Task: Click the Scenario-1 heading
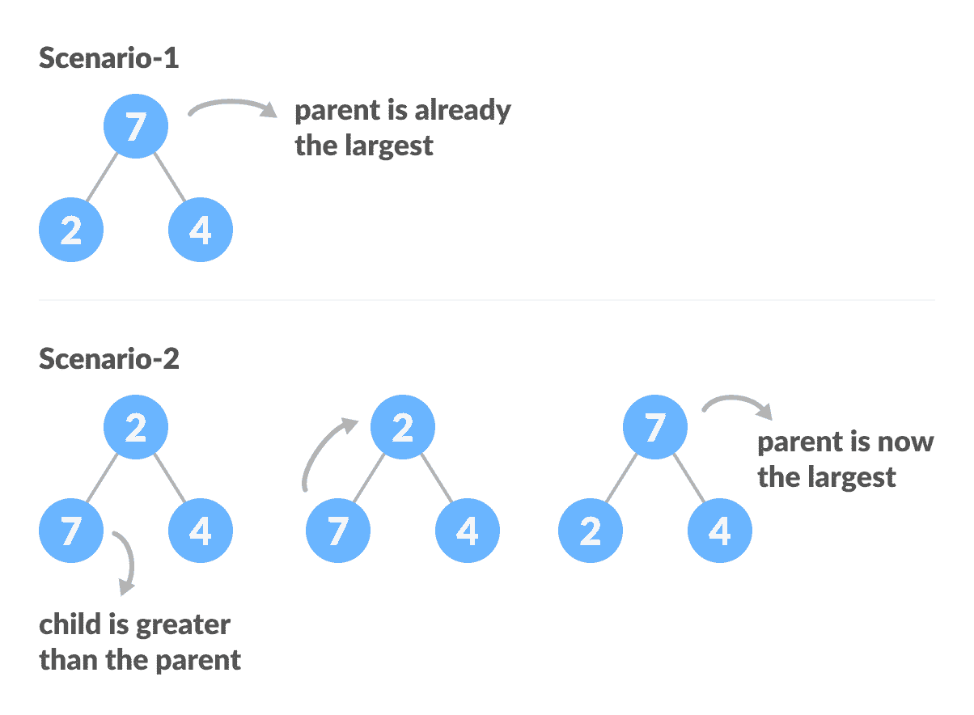(108, 59)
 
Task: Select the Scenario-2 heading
(108, 358)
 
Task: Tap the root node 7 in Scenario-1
(136, 126)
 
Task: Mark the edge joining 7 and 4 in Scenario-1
(169, 176)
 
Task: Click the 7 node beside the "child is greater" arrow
(71, 531)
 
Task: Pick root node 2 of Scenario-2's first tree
(136, 426)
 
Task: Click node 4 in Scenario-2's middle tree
(468, 531)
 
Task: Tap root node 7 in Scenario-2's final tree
(655, 426)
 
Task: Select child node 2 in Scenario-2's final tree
(591, 531)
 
